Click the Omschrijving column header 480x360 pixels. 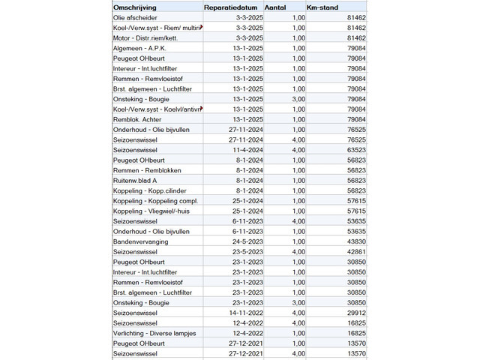[134, 6]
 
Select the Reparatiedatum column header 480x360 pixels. [233, 6]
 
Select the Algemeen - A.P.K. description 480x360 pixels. [139, 47]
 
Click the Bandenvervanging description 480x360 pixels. [140, 241]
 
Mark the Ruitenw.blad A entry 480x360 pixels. [135, 181]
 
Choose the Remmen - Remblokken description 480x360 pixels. [145, 170]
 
